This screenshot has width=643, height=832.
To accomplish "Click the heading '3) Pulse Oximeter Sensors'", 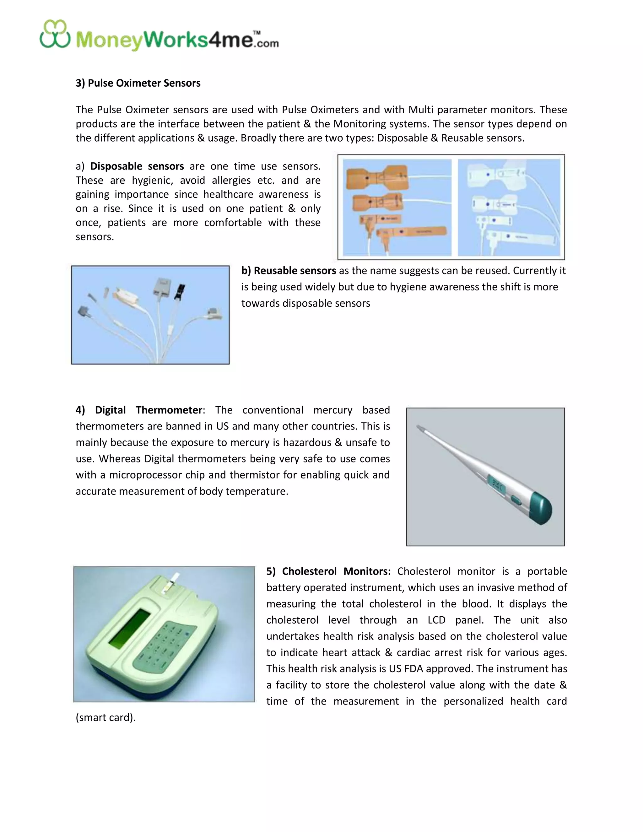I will (x=138, y=83).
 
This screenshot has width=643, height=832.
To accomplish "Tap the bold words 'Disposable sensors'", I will (x=137, y=166).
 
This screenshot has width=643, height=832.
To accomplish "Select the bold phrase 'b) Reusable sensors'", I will (x=288, y=270).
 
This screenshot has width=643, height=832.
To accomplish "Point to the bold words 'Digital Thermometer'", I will (x=148, y=410).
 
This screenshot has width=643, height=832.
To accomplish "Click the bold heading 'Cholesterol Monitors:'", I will (x=336, y=571).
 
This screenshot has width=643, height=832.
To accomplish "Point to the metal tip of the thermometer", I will (x=420, y=428).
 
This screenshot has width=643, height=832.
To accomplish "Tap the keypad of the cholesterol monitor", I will (x=166, y=645).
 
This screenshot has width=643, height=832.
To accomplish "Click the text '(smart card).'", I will (x=105, y=717).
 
